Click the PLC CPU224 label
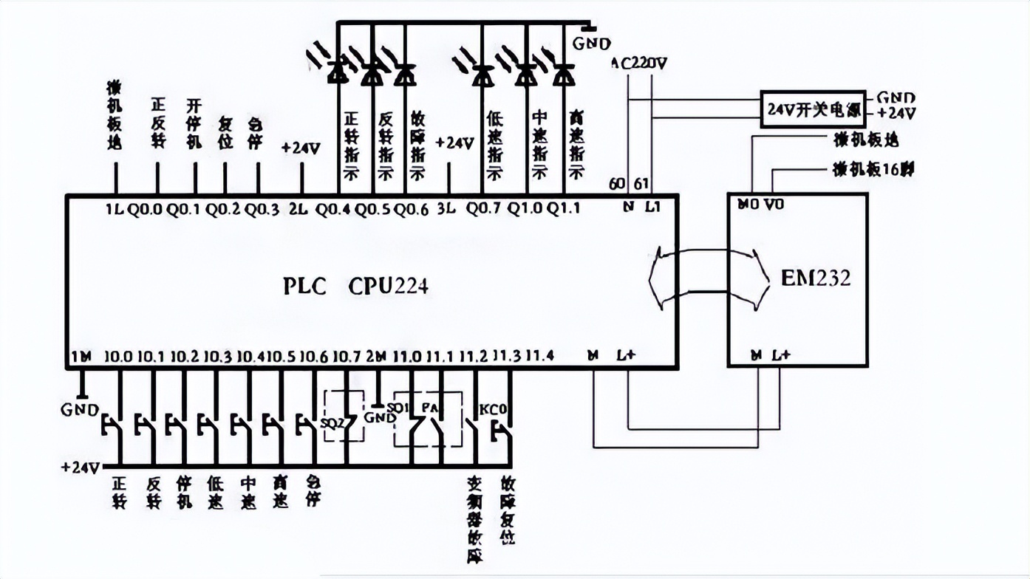point(355,287)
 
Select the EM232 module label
point(816,278)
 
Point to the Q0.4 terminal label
point(332,209)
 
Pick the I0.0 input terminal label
point(118,357)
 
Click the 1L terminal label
point(115,209)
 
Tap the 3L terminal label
point(449,209)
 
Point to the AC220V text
point(640,63)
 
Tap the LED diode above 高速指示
point(565,73)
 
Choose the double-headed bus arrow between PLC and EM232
point(703,278)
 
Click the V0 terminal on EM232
point(774,205)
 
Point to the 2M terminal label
point(376,357)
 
